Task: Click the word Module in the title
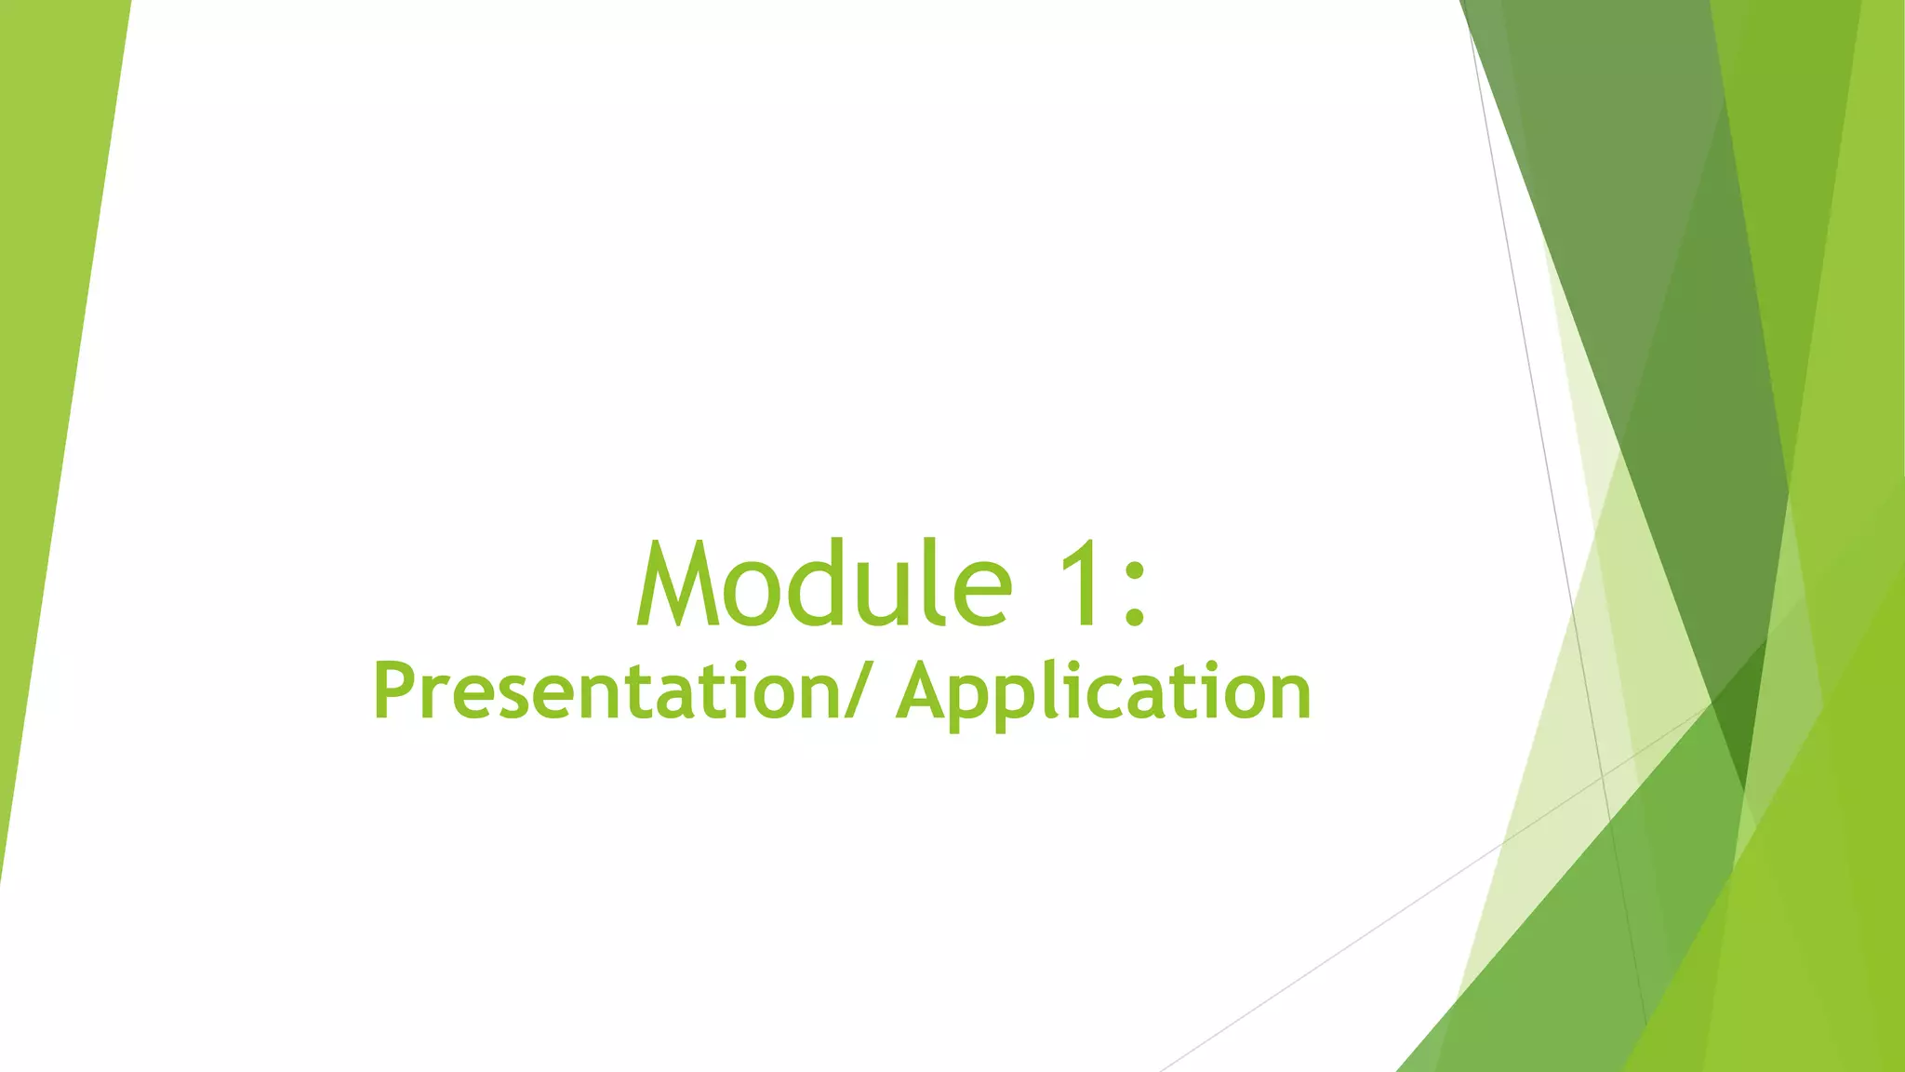(x=824, y=584)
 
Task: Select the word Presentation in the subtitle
(x=606, y=692)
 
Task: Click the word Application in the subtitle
(x=1103, y=694)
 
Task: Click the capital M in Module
(x=678, y=584)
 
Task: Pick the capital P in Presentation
(x=394, y=690)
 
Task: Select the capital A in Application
(x=925, y=690)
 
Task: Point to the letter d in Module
(x=816, y=584)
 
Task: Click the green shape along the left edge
(x=47, y=372)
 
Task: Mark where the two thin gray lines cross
(x=1602, y=774)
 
